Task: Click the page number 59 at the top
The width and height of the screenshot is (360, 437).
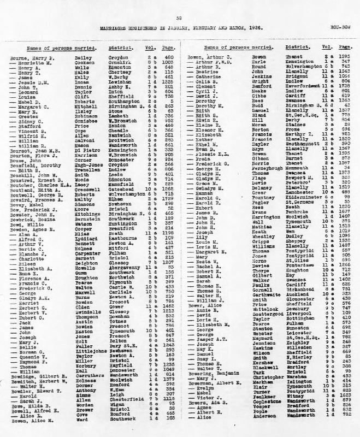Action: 179,17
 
